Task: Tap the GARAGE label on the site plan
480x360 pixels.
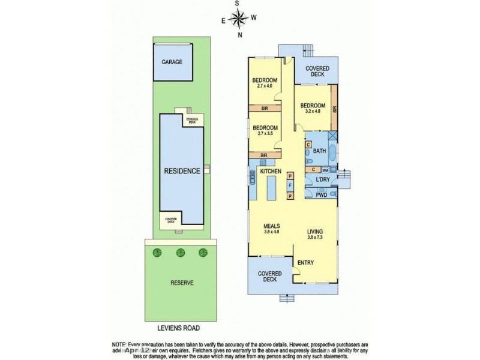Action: pos(172,62)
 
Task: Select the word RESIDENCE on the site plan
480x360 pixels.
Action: pos(182,171)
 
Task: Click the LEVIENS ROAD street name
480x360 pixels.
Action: pos(174,328)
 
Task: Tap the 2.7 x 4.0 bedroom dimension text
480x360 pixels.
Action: pos(265,86)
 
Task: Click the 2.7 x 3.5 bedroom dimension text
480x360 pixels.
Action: pos(265,133)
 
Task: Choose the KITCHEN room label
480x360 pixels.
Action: pos(271,172)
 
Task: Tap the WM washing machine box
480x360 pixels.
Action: pos(324,170)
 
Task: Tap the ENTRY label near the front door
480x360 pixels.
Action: pos(306,262)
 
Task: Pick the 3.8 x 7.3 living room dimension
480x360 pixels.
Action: pos(315,237)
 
